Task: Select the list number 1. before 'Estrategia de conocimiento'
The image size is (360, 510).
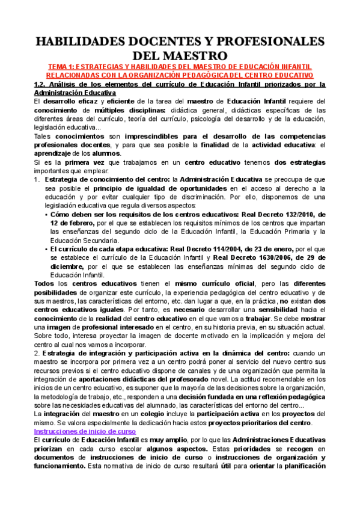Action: tap(36, 179)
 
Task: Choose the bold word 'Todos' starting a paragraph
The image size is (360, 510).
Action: tap(43, 284)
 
